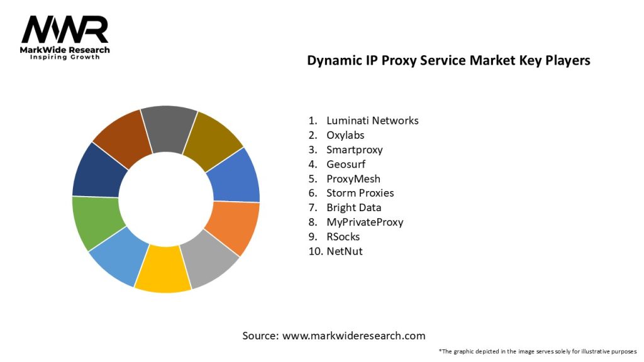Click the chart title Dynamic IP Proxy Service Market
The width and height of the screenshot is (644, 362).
coord(448,61)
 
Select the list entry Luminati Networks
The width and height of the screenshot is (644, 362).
coord(372,121)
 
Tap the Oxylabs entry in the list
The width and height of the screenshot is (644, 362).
coord(345,135)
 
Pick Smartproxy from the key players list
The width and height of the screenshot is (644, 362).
coord(354,150)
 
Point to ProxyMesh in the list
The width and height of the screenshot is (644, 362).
coord(353,178)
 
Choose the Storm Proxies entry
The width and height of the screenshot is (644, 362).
coord(360,193)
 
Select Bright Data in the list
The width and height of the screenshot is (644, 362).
coord(353,207)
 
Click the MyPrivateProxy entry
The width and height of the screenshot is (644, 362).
coord(365,222)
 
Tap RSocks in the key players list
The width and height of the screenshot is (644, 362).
coord(343,236)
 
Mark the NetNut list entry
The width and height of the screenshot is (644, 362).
coord(344,251)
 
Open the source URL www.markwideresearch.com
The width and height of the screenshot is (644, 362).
coord(353,336)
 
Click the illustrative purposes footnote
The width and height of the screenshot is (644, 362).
coord(538,351)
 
